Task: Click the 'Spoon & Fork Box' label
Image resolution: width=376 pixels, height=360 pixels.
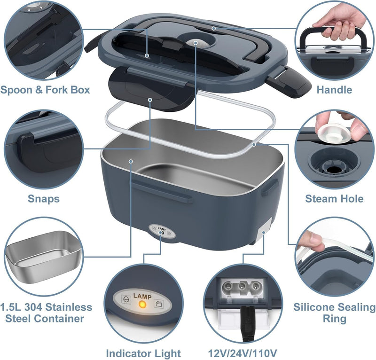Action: tap(45, 89)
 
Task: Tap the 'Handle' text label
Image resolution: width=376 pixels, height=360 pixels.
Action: tap(334, 89)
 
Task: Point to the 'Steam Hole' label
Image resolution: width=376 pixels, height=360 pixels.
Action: tap(334, 199)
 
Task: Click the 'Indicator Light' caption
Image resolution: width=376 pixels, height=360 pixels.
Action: tap(143, 353)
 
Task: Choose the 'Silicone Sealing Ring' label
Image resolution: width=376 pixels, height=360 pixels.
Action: tap(334, 313)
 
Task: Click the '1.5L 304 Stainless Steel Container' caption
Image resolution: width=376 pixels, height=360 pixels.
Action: tap(46, 313)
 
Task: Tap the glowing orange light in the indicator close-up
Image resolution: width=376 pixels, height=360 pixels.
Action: tap(140, 305)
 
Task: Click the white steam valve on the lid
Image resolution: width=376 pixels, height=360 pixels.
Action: tap(193, 43)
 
